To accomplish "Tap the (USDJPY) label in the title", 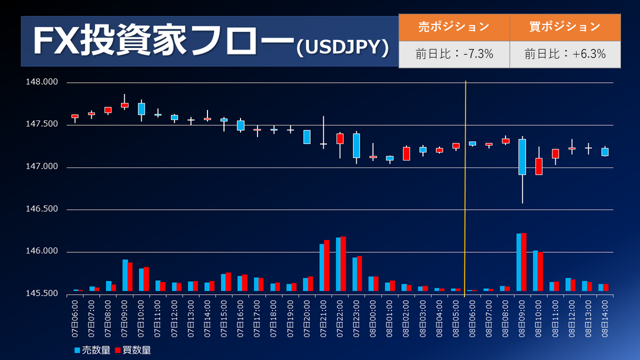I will (x=341, y=47).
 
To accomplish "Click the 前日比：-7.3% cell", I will (x=454, y=54).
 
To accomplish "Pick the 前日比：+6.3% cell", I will (x=565, y=54).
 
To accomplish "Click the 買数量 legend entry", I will (x=133, y=350).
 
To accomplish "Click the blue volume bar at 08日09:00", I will (x=518, y=263).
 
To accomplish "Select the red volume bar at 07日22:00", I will (x=343, y=265).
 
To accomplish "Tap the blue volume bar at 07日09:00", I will (x=125, y=276).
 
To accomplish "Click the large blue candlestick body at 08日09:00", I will (x=522, y=157).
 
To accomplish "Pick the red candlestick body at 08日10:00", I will (x=539, y=166).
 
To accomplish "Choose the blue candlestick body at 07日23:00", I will (x=356, y=146).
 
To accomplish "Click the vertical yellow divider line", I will (x=466, y=187).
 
